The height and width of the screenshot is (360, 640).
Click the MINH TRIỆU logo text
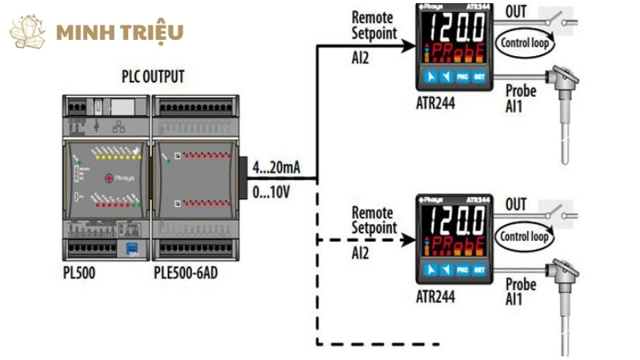click(120, 33)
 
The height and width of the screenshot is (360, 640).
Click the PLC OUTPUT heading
click(152, 78)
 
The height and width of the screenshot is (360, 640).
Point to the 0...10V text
click(273, 193)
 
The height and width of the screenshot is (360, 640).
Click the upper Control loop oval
click(525, 42)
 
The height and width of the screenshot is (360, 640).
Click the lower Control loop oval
click(524, 237)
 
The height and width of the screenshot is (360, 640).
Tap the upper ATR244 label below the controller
click(435, 102)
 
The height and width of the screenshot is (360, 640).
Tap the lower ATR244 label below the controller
click(435, 297)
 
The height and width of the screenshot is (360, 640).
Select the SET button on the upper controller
click(480, 78)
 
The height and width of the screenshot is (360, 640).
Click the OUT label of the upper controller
click(517, 11)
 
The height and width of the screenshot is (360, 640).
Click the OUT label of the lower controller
click(517, 205)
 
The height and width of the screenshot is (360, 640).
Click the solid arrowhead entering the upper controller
click(408, 44)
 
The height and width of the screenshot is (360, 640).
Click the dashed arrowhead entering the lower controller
click(408, 238)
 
